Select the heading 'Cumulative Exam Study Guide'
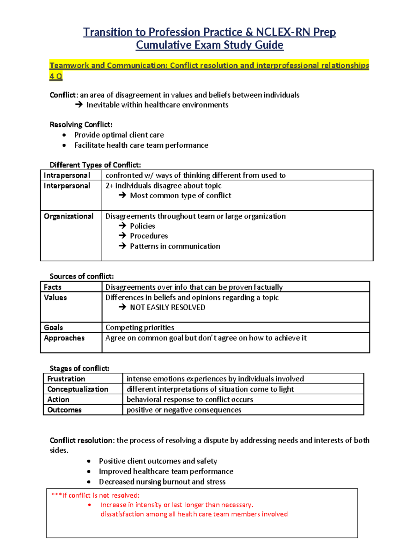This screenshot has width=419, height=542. point(209,45)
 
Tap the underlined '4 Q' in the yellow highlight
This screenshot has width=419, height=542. point(56,76)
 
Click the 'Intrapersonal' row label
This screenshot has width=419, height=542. point(67,175)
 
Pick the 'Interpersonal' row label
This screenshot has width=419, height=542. point(67,186)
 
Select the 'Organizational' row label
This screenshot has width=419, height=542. point(68,216)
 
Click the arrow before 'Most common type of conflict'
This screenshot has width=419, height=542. point(122,195)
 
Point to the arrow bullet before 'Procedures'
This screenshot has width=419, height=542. point(122,236)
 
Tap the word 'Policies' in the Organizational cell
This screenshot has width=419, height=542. point(142,226)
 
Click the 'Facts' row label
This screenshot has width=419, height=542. point(53,287)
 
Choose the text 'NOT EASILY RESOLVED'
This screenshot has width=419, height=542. point(168,307)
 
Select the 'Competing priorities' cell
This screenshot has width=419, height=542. point(140,327)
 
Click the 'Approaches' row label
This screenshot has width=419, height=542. point(64,338)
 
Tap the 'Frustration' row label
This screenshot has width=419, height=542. point(66,379)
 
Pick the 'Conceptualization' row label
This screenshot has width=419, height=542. point(78,389)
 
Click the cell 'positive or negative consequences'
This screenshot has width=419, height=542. point(184,410)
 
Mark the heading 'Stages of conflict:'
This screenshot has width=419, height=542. point(79,368)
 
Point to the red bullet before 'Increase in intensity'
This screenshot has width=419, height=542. point(90,505)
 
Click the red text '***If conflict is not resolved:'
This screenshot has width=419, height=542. point(95,495)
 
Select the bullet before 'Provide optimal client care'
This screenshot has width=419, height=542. point(64,135)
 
